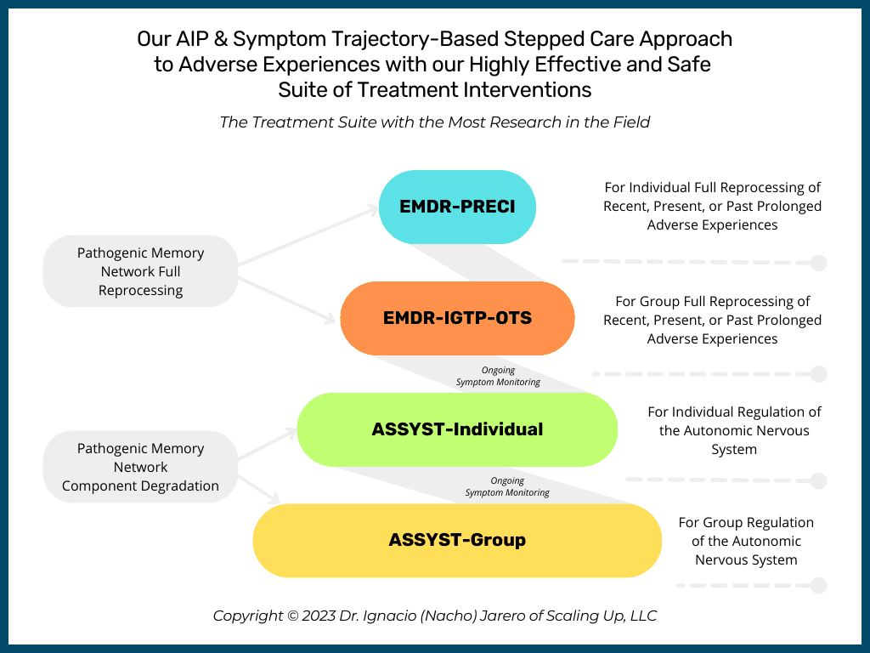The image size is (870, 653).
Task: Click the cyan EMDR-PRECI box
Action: point(457,207)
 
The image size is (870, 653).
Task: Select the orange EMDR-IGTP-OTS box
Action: point(457,318)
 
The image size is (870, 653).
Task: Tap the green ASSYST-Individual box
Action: point(457,429)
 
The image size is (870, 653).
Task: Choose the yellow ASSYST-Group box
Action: point(457,540)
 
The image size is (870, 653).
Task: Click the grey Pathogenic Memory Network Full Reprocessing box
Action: point(140,271)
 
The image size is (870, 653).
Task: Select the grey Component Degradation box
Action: point(140,467)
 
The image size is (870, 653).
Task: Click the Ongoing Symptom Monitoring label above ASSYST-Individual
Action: point(497,376)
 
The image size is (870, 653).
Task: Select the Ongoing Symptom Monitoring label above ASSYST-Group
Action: point(507,486)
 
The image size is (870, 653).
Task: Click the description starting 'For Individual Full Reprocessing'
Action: point(712,206)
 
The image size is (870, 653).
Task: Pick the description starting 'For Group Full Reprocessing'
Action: point(712,320)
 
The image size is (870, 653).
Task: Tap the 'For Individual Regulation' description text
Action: point(734,430)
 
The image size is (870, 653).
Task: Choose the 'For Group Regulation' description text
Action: point(746,541)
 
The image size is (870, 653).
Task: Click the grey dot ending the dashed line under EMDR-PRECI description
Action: point(818,263)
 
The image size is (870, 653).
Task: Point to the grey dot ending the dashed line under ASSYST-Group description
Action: point(818,585)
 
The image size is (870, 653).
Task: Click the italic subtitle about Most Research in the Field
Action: point(434,122)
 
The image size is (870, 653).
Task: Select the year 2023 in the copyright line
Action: point(319,616)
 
